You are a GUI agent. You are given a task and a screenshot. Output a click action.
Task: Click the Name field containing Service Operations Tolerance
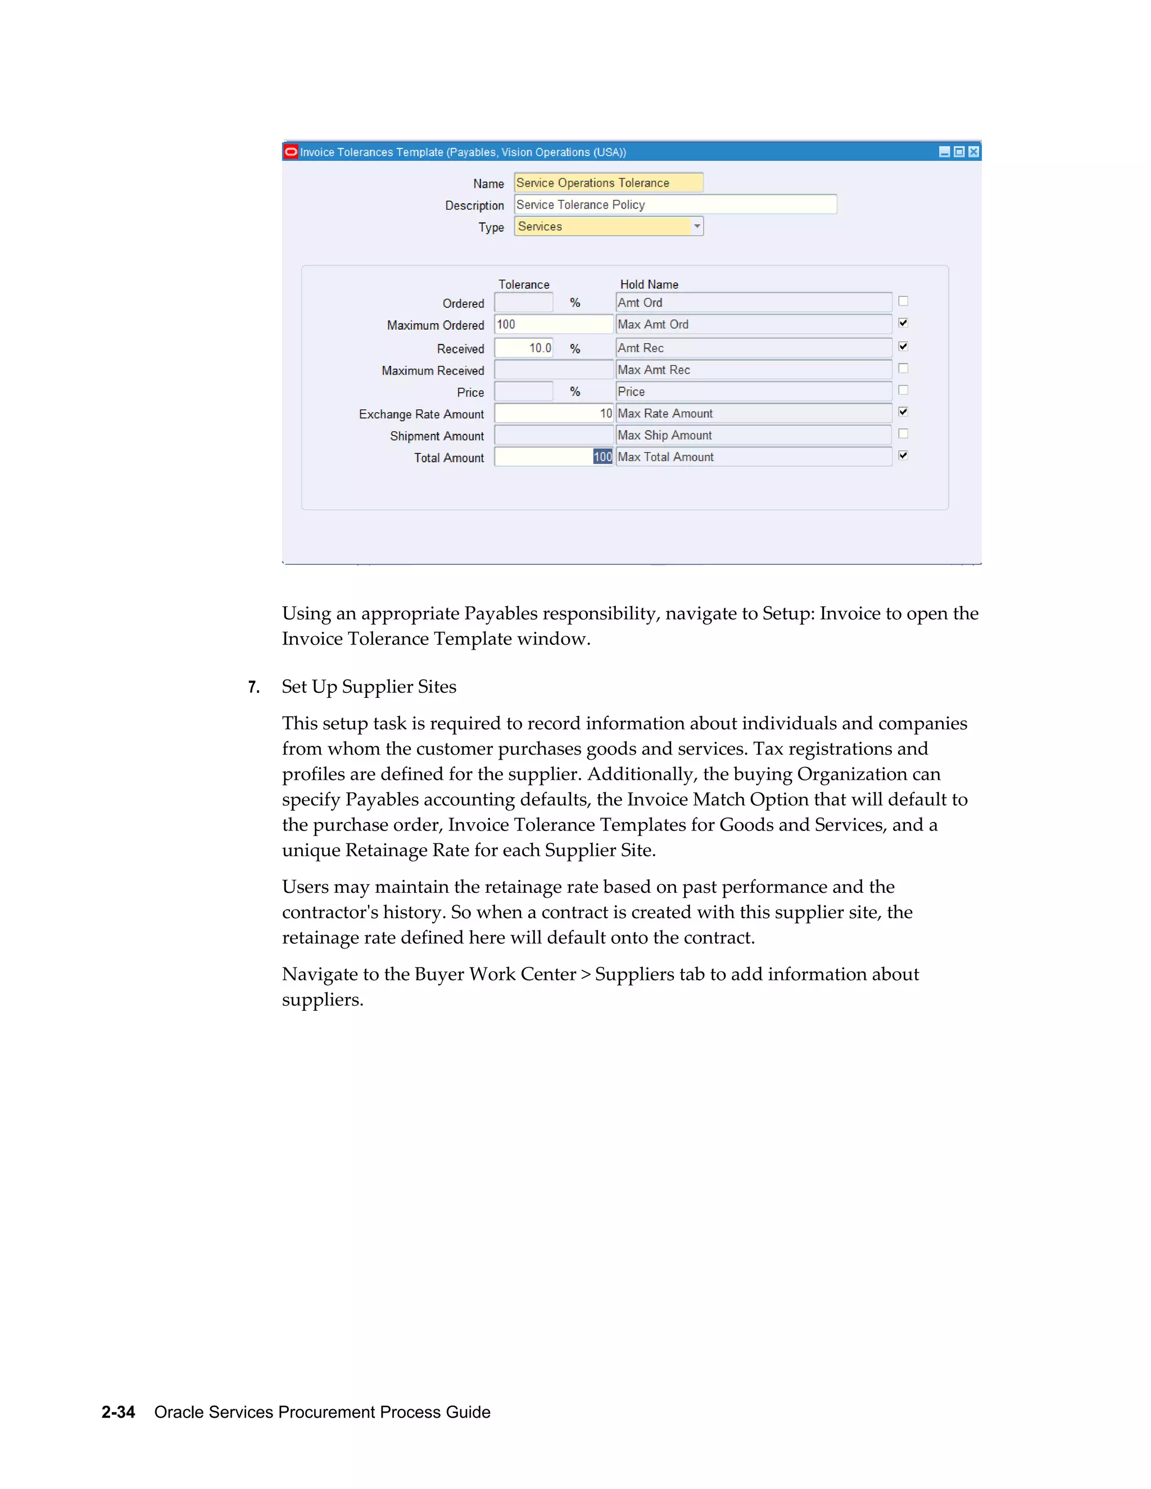click(x=608, y=183)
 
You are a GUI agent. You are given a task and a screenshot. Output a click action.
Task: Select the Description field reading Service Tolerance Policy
click(x=674, y=205)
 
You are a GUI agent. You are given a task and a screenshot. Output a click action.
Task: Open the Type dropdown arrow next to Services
click(x=697, y=226)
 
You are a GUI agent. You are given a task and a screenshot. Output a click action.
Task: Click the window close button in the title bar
click(x=974, y=152)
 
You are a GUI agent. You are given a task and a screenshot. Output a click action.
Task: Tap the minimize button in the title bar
click(x=944, y=152)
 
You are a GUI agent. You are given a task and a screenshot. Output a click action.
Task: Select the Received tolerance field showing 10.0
click(x=523, y=348)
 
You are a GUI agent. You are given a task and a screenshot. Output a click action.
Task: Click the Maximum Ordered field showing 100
click(x=553, y=325)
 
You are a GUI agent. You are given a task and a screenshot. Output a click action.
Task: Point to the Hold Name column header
click(x=649, y=284)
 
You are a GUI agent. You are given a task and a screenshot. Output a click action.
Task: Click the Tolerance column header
click(x=523, y=284)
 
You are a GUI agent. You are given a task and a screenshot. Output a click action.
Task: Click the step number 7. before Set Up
click(x=253, y=687)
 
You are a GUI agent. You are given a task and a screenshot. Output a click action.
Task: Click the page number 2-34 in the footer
click(x=118, y=1412)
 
